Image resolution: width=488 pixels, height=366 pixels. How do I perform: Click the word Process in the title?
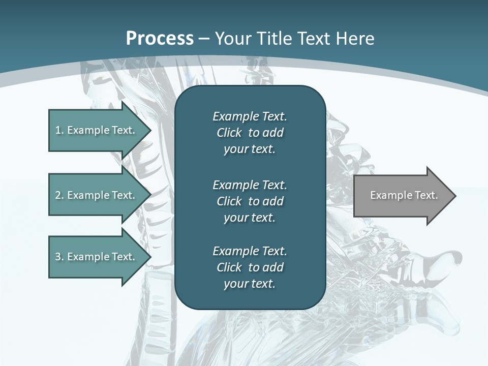tap(160, 39)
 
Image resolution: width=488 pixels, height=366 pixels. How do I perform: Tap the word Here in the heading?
tap(355, 39)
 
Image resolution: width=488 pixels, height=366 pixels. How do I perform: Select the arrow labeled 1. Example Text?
tap(95, 130)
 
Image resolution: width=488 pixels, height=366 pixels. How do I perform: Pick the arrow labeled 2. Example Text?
tap(95, 195)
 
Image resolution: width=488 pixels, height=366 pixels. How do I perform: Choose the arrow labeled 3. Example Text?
tap(95, 257)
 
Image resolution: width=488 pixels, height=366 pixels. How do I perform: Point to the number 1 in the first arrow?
tap(58, 130)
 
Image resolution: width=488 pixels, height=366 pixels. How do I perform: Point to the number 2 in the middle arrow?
tap(58, 195)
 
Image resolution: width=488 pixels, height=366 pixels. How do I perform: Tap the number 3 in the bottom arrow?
tap(58, 257)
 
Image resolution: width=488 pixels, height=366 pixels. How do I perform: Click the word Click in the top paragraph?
tap(229, 133)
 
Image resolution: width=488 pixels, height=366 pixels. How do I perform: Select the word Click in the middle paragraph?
tap(229, 201)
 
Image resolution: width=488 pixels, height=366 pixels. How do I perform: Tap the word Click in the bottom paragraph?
tap(229, 267)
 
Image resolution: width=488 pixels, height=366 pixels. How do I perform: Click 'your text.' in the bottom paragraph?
tap(250, 284)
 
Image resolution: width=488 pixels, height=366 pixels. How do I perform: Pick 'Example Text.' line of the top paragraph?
tap(250, 116)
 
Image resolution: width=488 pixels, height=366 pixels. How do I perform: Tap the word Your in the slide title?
tap(232, 39)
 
